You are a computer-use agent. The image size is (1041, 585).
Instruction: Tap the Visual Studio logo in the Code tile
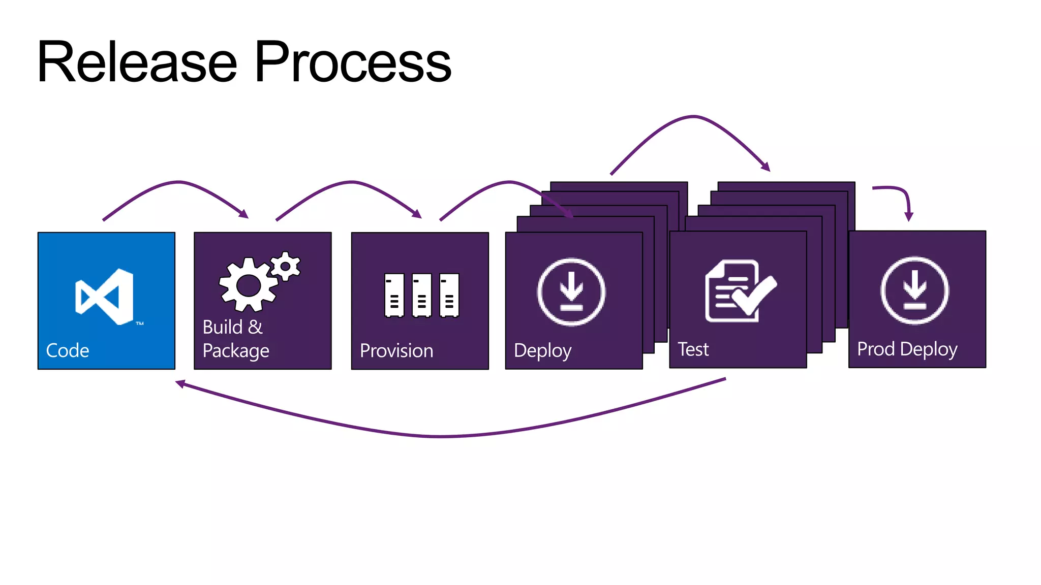[105, 297]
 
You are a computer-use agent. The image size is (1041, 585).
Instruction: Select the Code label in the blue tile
[68, 350]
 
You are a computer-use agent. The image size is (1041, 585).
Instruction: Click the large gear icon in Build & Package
[248, 285]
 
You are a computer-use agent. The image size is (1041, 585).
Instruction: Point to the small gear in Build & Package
[286, 266]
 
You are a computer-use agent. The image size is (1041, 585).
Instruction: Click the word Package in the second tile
[236, 351]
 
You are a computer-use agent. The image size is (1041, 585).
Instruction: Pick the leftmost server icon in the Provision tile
[394, 295]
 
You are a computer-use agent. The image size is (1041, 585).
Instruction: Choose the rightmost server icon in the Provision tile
[449, 295]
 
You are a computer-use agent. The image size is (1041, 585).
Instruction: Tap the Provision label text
[396, 350]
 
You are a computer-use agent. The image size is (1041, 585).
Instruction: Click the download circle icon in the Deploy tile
[571, 292]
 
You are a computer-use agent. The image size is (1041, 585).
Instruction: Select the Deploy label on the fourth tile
[542, 350]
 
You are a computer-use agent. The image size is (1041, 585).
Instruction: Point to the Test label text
[693, 349]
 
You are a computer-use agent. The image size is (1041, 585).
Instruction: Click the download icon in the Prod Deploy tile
[914, 290]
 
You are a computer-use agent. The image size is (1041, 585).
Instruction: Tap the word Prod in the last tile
[876, 349]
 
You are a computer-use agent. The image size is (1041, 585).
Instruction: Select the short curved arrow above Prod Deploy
[900, 196]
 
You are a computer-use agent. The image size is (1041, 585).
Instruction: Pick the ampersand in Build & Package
[255, 327]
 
